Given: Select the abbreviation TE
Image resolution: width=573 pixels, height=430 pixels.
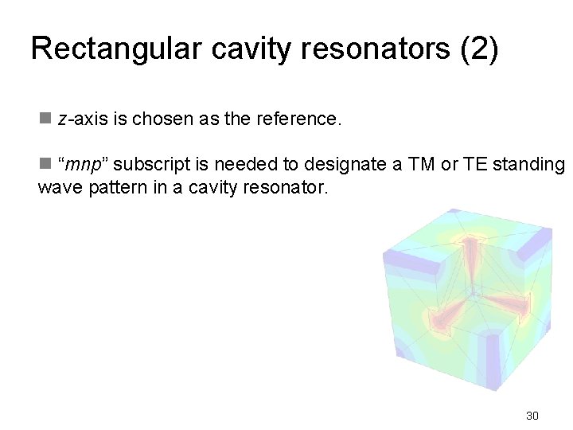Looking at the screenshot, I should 476,165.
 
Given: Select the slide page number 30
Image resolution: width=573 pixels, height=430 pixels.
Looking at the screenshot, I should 532,415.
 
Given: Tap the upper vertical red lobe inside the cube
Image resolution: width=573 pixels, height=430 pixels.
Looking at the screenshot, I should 472,259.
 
